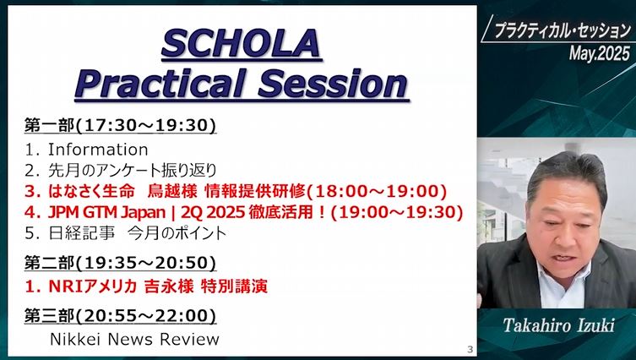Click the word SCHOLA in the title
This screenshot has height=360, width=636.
pyautogui.click(x=242, y=43)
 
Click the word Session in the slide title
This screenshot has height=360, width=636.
pyautogui.click(x=333, y=83)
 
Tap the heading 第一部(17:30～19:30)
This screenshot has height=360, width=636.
pyautogui.click(x=120, y=125)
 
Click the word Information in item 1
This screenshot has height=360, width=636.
pyautogui.click(x=98, y=150)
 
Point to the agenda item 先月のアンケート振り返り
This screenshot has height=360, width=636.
pyautogui.click(x=133, y=171)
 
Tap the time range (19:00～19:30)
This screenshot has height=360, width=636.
pyautogui.click(x=397, y=212)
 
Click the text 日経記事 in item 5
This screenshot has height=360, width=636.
pyautogui.click(x=82, y=233)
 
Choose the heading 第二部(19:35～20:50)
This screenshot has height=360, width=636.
pyautogui.click(x=120, y=263)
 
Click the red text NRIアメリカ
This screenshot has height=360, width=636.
pyautogui.click(x=92, y=286)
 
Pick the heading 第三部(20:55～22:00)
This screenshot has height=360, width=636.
pyautogui.click(x=120, y=316)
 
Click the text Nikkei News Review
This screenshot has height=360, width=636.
pyautogui.click(x=134, y=339)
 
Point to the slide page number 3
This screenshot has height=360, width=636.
pyautogui.click(x=470, y=349)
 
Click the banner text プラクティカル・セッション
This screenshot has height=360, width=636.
pyautogui.click(x=563, y=30)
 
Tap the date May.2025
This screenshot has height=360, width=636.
pyautogui.click(x=600, y=53)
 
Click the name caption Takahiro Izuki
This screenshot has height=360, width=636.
pyautogui.click(x=559, y=325)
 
